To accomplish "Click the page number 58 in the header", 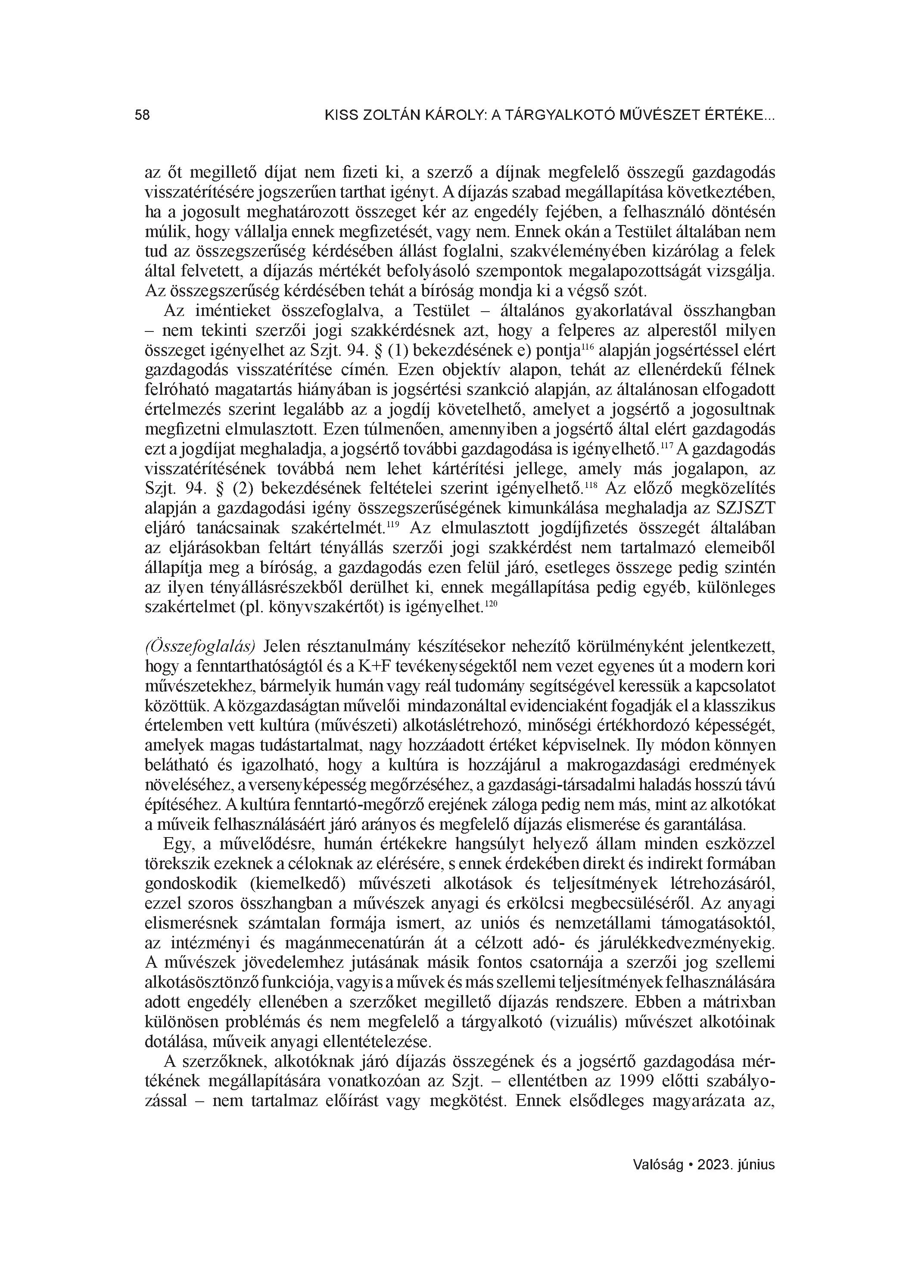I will coord(143,116).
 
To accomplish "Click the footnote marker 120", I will coord(491,603).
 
